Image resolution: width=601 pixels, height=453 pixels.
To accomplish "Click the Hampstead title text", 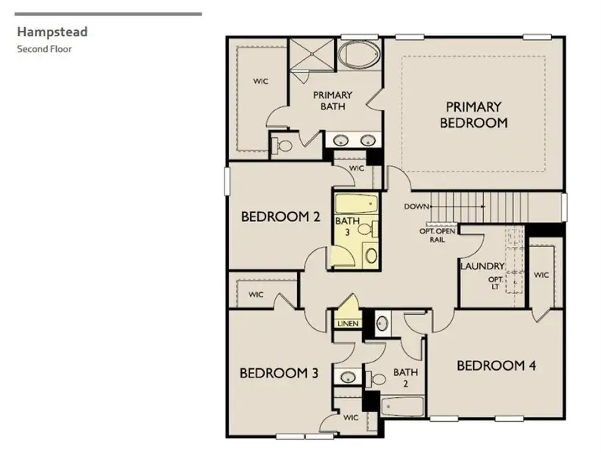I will coord(52,32).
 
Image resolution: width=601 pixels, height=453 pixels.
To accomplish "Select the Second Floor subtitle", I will coord(45,49).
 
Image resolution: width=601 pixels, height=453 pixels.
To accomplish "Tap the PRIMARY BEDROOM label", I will coord(473,115).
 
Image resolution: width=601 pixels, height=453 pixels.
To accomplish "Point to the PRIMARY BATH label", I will coord(333,100).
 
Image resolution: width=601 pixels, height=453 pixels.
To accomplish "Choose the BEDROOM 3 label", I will coord(279,373).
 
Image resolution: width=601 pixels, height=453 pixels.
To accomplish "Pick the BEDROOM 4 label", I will coord(496,366).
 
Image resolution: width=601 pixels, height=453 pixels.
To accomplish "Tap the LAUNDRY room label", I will coord(482,267).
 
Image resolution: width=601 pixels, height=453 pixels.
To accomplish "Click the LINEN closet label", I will coord(348,324).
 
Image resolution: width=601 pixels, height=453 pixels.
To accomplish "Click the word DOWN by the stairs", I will coord(417,206).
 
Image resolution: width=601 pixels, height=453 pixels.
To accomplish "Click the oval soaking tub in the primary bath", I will coord(359,55).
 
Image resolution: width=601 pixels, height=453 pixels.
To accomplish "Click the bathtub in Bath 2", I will coord(401,407).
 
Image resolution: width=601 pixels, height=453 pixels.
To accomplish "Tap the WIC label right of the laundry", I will coord(541,275).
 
